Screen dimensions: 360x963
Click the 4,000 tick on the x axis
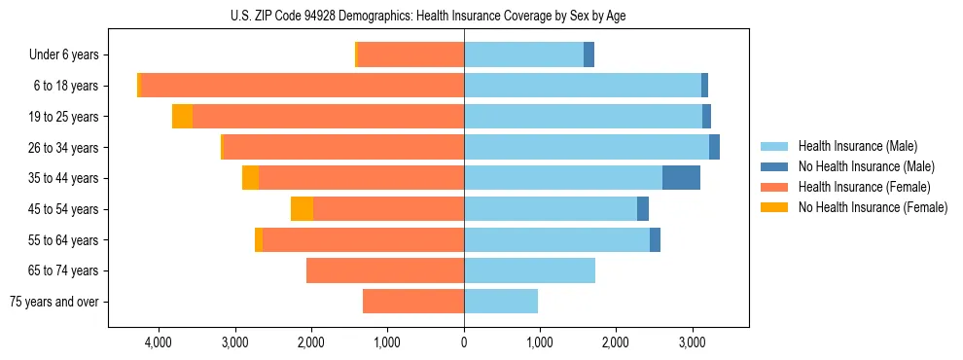tap(158, 342)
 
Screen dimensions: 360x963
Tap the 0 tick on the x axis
tap(464, 342)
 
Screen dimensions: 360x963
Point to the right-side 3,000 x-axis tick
tap(692, 342)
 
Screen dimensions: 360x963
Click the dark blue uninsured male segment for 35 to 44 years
tap(681, 178)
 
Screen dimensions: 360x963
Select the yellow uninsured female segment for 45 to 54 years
tap(302, 209)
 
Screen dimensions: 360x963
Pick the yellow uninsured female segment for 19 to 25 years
tap(182, 117)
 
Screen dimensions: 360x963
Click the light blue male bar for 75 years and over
tap(501, 302)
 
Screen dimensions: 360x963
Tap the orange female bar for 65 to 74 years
tap(385, 270)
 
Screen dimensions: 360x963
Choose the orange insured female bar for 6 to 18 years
tap(302, 86)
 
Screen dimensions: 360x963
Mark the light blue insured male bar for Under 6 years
tap(523, 55)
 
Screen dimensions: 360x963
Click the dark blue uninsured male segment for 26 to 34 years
tap(714, 147)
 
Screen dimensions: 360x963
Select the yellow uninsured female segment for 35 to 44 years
tap(250, 178)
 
